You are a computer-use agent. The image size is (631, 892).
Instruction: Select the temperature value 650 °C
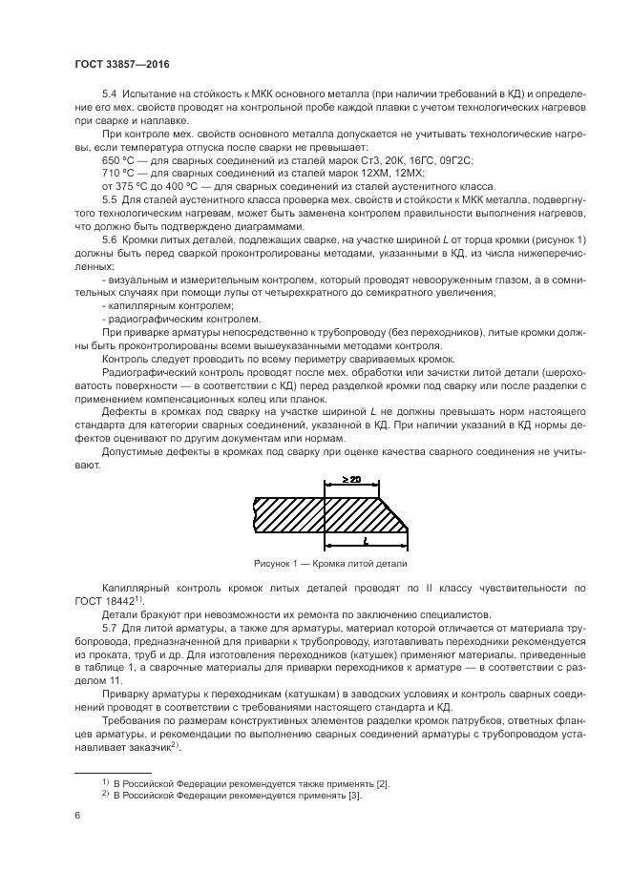[x=118, y=163]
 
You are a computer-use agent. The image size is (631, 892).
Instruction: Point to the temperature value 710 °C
[x=118, y=174]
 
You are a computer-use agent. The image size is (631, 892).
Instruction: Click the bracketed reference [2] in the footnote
[x=382, y=783]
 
